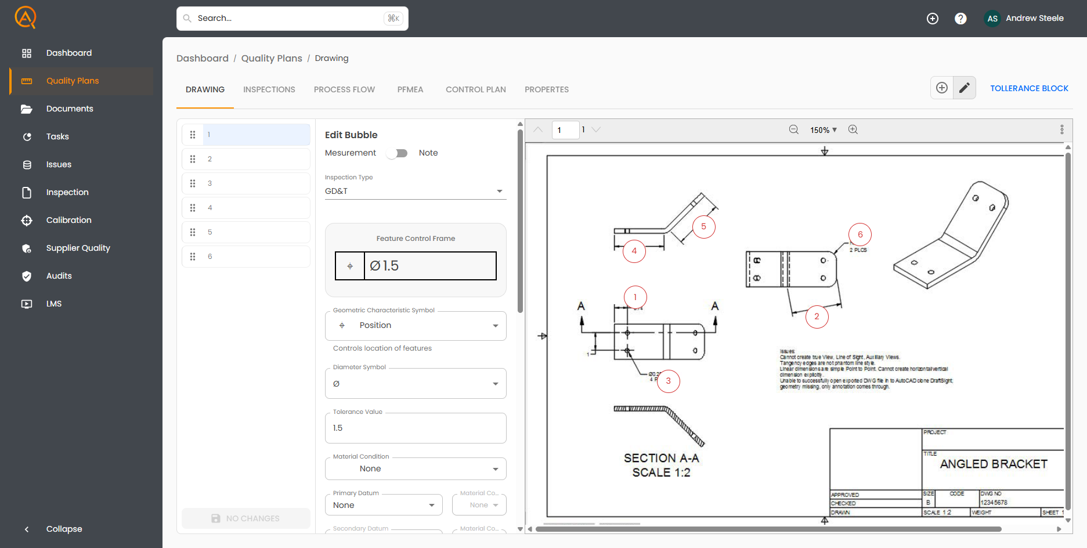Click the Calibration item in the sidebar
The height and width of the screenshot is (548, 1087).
pyautogui.click(x=68, y=220)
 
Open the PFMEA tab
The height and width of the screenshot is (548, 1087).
pyautogui.click(x=410, y=89)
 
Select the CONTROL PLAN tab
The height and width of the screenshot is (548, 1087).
pyautogui.click(x=475, y=89)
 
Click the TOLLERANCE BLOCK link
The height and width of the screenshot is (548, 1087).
pyautogui.click(x=1028, y=88)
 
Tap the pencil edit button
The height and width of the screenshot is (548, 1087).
pyautogui.click(x=964, y=88)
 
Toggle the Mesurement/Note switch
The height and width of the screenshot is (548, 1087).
pyautogui.click(x=398, y=153)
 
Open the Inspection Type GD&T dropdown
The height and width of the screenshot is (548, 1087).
pyautogui.click(x=415, y=191)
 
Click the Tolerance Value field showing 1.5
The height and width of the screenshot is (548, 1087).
pyautogui.click(x=415, y=428)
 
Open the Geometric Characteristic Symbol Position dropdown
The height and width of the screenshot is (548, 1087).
pyautogui.click(x=415, y=326)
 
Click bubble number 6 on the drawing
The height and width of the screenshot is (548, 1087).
pyautogui.click(x=860, y=235)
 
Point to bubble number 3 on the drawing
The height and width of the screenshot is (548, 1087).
pyautogui.click(x=668, y=381)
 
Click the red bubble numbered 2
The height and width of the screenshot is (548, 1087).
pyautogui.click(x=816, y=316)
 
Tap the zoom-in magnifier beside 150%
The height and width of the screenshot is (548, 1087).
pyautogui.click(x=853, y=129)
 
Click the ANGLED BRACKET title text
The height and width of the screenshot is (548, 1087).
pyautogui.click(x=993, y=464)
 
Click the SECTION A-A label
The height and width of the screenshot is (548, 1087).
pyautogui.click(x=661, y=458)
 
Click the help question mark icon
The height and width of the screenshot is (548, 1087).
pyautogui.click(x=960, y=19)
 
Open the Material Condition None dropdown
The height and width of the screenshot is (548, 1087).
pyautogui.click(x=415, y=469)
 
